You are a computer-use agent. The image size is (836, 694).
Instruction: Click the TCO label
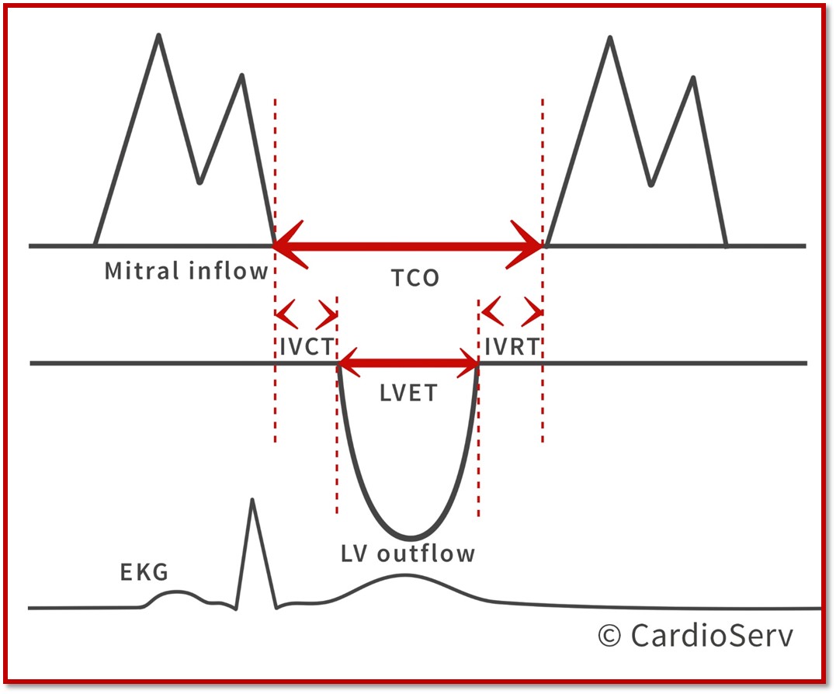[415, 278]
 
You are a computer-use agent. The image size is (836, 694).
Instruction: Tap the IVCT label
[307, 347]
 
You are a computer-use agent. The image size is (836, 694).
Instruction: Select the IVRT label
[512, 347]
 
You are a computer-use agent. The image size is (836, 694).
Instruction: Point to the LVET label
[408, 393]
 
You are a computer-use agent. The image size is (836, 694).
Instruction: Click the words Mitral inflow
[186, 270]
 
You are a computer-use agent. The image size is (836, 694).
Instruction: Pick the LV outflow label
[408, 553]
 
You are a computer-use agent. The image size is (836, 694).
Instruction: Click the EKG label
[144, 572]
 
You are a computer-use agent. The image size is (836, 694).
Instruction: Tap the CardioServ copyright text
[696, 635]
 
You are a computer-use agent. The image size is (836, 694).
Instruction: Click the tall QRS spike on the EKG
[252, 500]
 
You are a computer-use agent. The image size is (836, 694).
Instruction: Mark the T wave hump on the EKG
[406, 575]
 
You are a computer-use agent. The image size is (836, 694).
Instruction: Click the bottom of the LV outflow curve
[410, 537]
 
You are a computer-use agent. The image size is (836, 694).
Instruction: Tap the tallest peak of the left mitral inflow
[158, 36]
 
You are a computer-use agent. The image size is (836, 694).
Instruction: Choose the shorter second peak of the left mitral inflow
[242, 76]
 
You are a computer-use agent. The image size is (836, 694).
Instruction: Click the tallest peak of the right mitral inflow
[610, 38]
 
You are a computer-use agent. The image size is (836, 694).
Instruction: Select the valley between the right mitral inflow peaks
[651, 185]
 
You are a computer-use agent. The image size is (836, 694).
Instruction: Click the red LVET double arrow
[408, 363]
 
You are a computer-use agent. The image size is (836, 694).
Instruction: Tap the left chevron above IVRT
[493, 312]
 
